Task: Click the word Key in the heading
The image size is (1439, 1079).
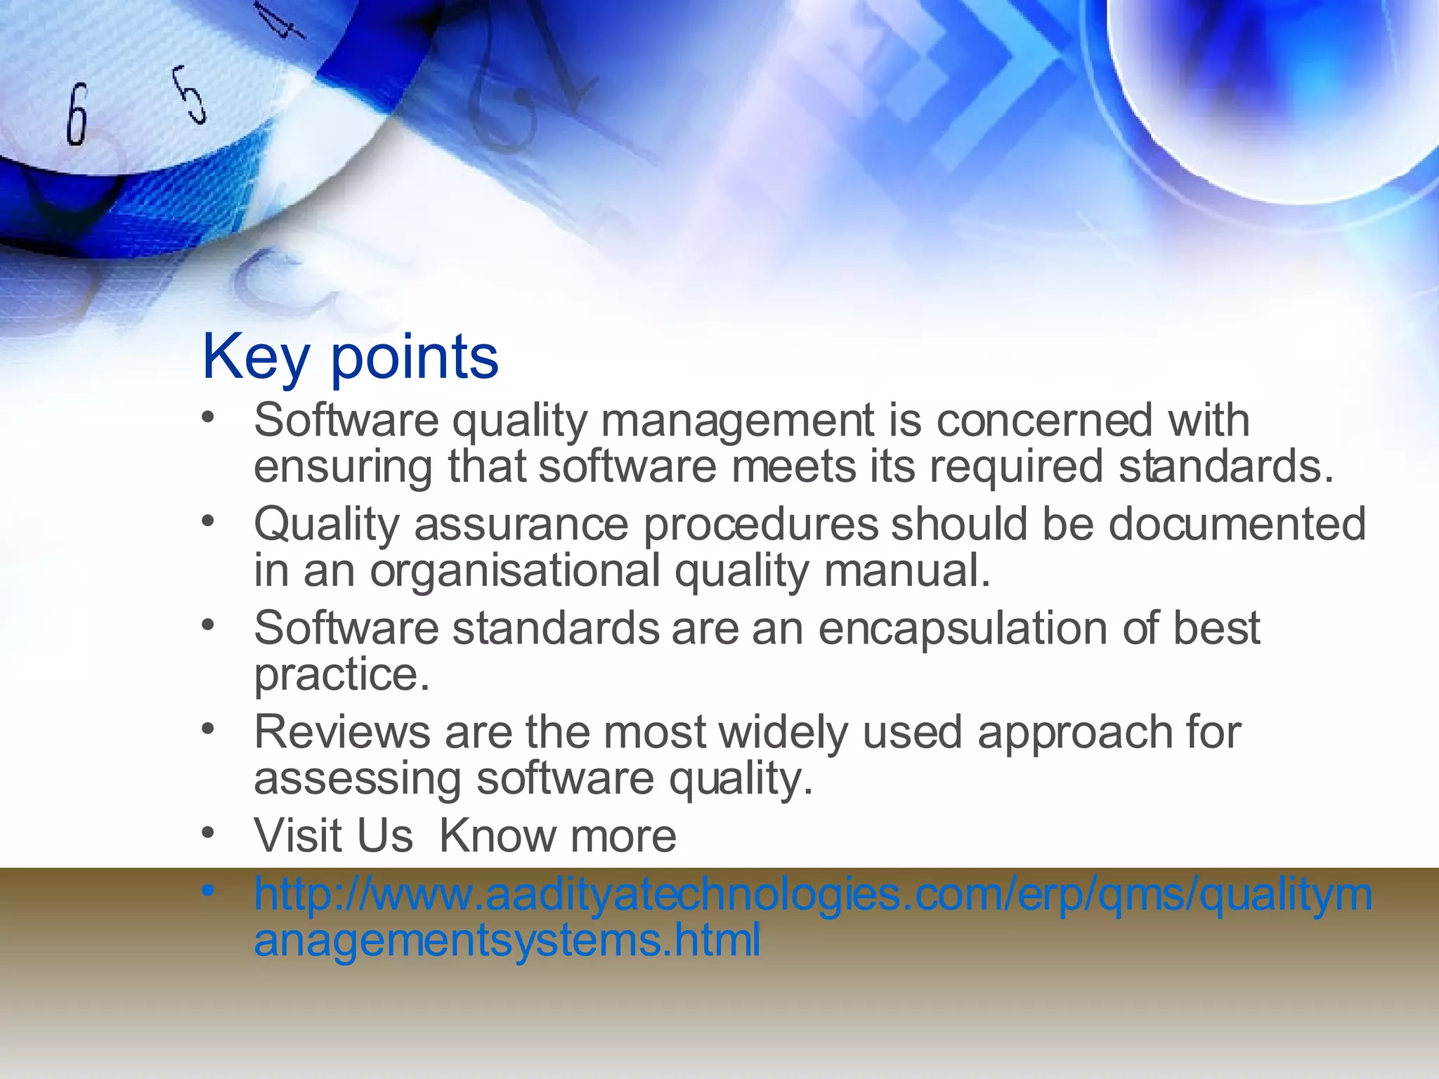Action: (x=256, y=358)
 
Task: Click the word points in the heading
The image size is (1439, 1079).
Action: (x=415, y=358)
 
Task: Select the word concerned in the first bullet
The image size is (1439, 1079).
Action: (x=1044, y=421)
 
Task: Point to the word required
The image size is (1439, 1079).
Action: (x=1016, y=467)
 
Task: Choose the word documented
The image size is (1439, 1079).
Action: (x=1237, y=525)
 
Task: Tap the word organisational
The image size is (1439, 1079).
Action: (x=516, y=571)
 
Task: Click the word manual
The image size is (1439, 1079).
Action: (x=906, y=571)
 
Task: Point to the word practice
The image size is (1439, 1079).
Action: (x=341, y=675)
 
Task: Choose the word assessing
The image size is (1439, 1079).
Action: (x=358, y=779)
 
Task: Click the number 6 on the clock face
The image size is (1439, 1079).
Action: (x=77, y=114)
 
